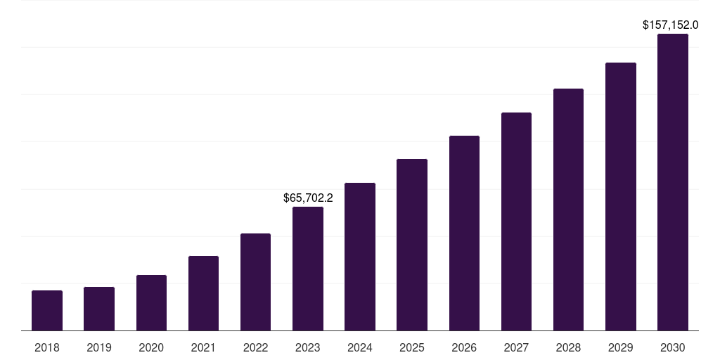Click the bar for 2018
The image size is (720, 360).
47,310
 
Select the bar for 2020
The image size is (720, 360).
151,302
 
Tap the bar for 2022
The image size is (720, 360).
255,282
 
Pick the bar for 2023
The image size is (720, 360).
308,269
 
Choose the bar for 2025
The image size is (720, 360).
412,245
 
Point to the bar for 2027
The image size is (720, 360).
516,221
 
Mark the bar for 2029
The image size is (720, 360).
621,196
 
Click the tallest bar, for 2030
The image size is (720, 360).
673,182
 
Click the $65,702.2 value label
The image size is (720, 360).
308,198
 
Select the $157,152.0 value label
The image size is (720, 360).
670,25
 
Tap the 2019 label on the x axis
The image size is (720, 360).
99,347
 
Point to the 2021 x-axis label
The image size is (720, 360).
203,347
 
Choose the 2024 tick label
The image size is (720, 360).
360,347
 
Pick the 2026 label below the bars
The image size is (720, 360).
464,347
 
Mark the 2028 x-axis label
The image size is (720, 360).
568,347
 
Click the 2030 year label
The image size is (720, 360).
673,347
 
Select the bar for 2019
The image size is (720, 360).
99,309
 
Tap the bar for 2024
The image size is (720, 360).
360,257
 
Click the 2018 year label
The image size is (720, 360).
47,347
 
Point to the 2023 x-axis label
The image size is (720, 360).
308,347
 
